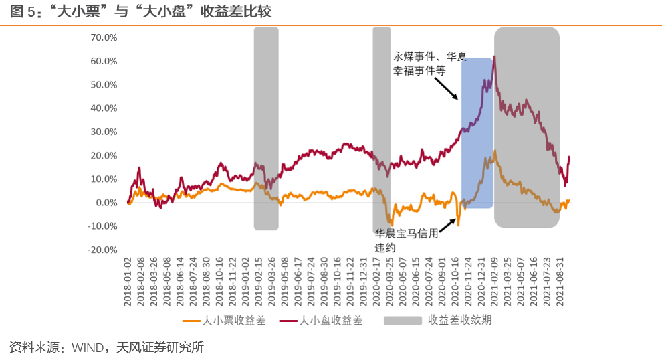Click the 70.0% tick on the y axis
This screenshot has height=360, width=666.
coord(104,37)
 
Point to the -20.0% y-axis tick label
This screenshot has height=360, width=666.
coord(102,250)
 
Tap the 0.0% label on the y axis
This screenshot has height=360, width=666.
coord(106,202)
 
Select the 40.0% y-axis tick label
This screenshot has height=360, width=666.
coord(104,108)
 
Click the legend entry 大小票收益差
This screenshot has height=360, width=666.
coord(224,321)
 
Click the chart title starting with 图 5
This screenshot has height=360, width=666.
coord(140,12)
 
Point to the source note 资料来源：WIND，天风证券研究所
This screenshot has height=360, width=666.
coord(106,347)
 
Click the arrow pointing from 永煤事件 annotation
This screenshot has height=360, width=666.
coord(447,88)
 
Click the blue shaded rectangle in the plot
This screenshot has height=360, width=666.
coord(477,134)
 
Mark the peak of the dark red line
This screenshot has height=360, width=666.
coord(494,56)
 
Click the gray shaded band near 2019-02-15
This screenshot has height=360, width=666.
coord(266,127)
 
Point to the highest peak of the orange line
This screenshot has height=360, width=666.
coord(495,151)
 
